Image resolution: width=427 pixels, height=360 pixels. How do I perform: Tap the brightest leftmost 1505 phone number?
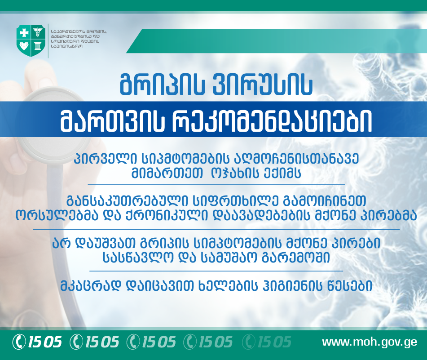38,342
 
